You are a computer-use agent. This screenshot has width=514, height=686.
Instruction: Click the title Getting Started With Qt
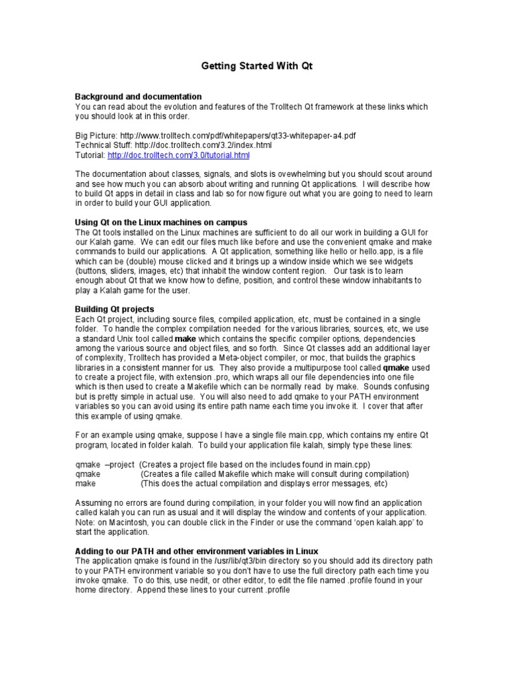click(257, 66)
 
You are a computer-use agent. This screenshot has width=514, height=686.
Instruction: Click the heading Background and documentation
click(139, 96)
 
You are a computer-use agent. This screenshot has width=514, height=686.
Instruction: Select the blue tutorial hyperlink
click(178, 155)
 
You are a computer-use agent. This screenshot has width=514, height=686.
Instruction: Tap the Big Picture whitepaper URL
click(238, 135)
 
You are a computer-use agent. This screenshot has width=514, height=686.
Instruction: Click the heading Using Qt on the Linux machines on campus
click(161, 222)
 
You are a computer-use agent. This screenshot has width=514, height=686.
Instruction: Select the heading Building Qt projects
click(114, 309)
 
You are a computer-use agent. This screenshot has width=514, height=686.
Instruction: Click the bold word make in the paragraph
click(185, 339)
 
